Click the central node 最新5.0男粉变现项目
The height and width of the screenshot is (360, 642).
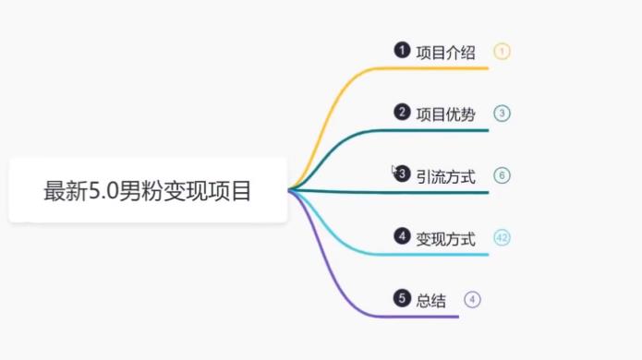click(148, 191)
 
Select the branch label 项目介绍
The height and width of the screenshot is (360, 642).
click(446, 52)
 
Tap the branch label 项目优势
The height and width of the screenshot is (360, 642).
click(446, 114)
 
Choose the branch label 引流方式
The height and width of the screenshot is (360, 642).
click(446, 176)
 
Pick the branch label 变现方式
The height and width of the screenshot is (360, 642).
click(446, 239)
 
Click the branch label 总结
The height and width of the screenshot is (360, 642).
click(431, 300)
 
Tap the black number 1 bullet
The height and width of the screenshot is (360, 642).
click(401, 50)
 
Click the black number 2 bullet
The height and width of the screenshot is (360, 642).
click(401, 113)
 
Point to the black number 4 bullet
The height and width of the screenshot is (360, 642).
click(401, 236)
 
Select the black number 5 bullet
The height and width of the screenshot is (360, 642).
click(401, 298)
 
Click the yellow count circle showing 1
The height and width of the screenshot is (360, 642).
click(502, 52)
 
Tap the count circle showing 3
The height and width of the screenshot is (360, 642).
click(502, 114)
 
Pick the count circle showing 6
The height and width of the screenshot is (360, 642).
click(502, 175)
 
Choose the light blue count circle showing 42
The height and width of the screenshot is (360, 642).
click(502, 238)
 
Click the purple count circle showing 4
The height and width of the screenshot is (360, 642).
click(472, 299)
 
